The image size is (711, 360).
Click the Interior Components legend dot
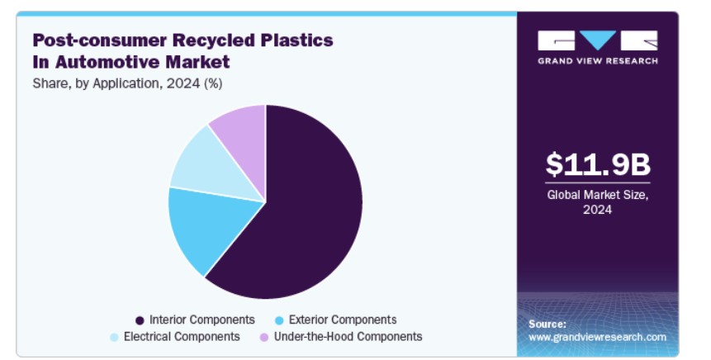[140, 320]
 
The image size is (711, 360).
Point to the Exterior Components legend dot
[279, 320]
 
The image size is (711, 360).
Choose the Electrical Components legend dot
[114, 338]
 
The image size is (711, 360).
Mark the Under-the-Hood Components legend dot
[264, 338]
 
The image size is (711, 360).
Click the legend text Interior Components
[202, 320]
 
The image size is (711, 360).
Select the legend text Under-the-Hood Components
[348, 337]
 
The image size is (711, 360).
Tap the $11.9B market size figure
[598, 164]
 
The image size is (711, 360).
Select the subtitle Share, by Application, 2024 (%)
[127, 84]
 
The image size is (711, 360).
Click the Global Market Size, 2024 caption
[598, 201]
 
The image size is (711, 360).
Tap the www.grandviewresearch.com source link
[597, 338]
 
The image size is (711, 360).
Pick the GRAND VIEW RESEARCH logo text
[598, 61]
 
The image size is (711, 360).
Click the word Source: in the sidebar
[547, 324]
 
